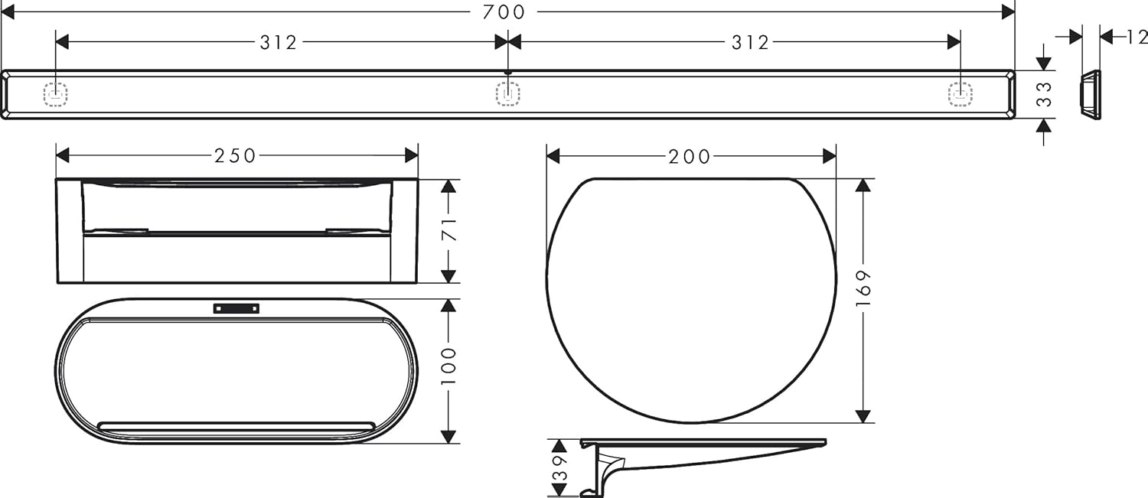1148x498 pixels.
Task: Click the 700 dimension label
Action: pyautogui.click(x=504, y=11)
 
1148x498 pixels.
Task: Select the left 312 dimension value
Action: pyautogui.click(x=279, y=43)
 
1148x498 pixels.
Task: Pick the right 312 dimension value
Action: pyautogui.click(x=750, y=43)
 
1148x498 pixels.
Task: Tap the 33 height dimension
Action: pyautogui.click(x=1044, y=94)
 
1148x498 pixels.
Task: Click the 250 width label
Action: pyautogui.click(x=235, y=156)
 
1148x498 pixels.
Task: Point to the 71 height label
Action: pyautogui.click(x=448, y=229)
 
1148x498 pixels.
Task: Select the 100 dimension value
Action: pyautogui.click(x=448, y=366)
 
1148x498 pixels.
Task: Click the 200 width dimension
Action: pyautogui.click(x=690, y=157)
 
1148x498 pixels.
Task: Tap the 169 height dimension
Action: pyautogui.click(x=863, y=288)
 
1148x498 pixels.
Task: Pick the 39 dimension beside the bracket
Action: pyautogui.click(x=559, y=467)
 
